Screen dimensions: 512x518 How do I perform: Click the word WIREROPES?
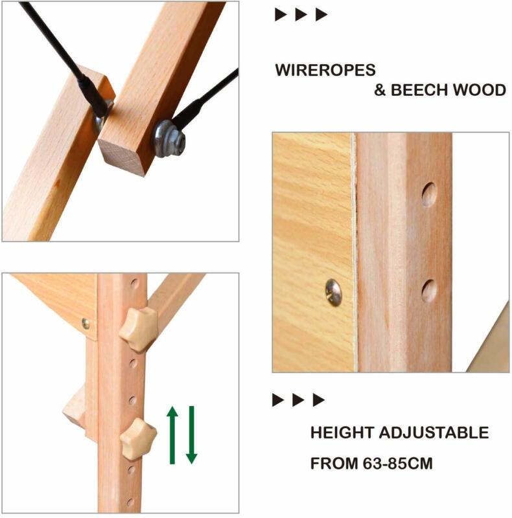[325, 70]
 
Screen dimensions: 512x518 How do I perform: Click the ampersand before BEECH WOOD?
[380, 90]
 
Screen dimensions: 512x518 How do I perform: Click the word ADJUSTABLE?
[434, 433]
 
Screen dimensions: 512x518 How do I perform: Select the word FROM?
[334, 463]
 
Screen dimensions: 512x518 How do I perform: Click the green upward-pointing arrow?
[172, 434]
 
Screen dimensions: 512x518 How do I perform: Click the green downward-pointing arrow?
[191, 434]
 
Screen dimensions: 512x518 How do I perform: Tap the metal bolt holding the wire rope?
[169, 139]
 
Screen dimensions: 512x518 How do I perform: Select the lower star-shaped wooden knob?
[138, 438]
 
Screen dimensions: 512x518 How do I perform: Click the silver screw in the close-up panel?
[333, 292]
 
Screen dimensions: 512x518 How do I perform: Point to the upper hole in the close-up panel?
[429, 195]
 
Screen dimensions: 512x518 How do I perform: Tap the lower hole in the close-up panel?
[429, 291]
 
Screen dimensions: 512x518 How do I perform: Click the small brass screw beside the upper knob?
[86, 324]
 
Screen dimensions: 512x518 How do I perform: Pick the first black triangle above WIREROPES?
[281, 14]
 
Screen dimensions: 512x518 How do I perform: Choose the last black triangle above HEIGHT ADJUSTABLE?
[319, 400]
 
